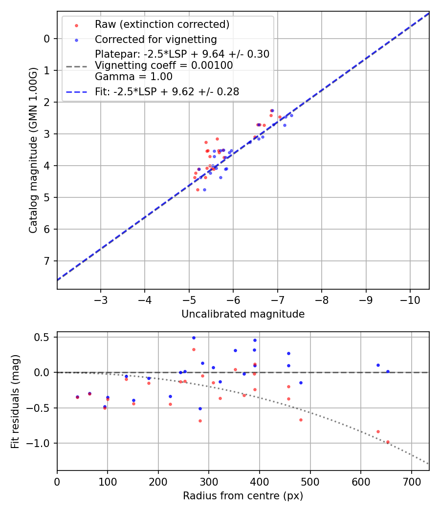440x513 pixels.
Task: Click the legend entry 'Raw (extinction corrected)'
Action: (162, 24)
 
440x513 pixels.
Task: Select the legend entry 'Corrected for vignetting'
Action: (155, 39)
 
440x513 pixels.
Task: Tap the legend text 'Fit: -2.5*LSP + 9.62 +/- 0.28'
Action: (167, 91)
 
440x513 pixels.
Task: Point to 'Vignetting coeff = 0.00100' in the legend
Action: (164, 65)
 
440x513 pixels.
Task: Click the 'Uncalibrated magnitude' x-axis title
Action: (243, 314)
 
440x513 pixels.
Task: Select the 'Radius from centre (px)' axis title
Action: (243, 496)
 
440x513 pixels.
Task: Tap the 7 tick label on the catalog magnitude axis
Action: (46, 261)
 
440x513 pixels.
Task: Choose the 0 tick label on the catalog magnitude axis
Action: (46, 39)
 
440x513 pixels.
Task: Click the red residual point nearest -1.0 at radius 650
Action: (388, 442)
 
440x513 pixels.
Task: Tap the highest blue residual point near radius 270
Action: (194, 338)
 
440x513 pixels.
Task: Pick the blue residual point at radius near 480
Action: (301, 383)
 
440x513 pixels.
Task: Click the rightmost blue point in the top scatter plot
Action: (291, 115)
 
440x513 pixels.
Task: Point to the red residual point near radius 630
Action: (378, 431)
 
